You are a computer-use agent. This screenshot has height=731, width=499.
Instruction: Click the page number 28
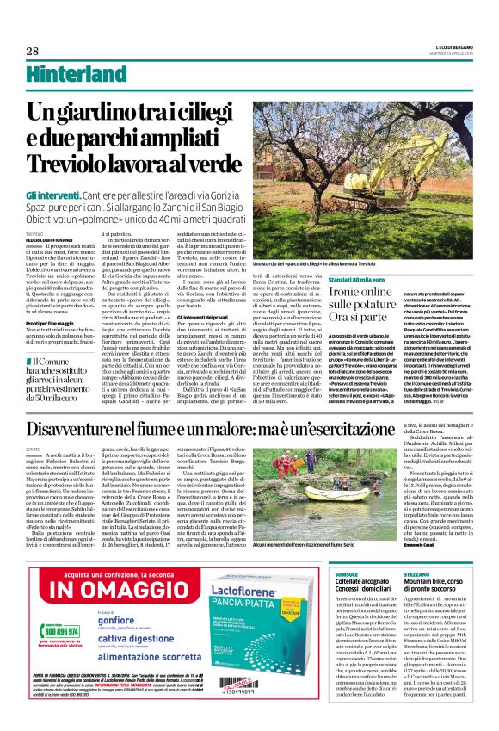coord(34,50)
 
